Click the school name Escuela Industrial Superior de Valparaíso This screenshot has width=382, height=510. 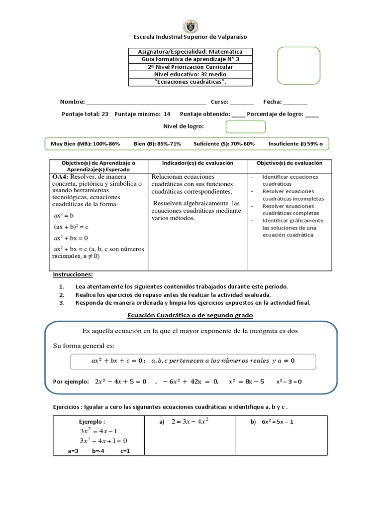tap(191, 37)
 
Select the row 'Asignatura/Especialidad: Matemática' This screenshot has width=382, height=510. tap(191, 52)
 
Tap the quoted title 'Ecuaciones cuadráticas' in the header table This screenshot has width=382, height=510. tap(191, 82)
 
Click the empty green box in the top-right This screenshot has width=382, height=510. tap(298, 66)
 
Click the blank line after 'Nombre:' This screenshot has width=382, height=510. tap(146, 102)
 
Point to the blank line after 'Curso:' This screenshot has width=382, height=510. tap(242, 102)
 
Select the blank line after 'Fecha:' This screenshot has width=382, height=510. tap(295, 102)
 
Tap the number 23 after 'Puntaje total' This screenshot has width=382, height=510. tap(104, 114)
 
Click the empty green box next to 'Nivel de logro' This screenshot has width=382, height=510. tap(246, 127)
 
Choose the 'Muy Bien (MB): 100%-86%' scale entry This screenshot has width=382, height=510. tap(86, 144)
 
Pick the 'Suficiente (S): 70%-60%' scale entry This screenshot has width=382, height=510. tap(224, 144)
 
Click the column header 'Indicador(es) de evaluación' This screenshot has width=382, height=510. tap(197, 163)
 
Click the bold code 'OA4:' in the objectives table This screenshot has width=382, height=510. tap(63, 177)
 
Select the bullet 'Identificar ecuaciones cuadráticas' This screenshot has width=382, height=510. tap(290, 180)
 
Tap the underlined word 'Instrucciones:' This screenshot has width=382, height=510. tap(73, 275)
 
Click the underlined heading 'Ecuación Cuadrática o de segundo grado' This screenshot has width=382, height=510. tap(190, 315)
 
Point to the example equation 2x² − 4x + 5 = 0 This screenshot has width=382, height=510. tap(120, 382)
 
